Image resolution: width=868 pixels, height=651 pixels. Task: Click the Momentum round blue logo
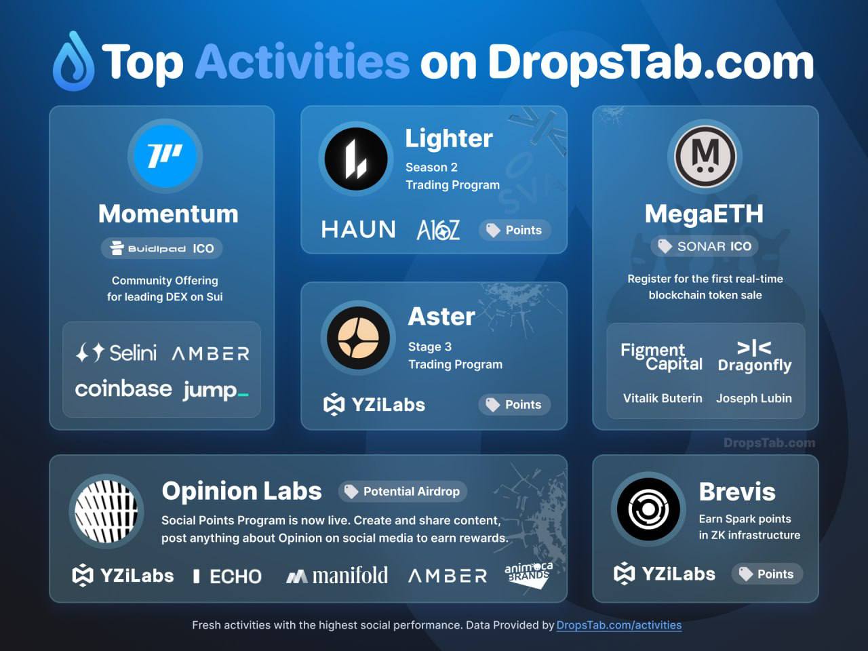tap(165, 157)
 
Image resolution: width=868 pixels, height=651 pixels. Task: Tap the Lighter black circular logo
tap(356, 159)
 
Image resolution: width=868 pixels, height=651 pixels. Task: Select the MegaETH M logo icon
tap(705, 157)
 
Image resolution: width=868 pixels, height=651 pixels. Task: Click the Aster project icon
tap(358, 338)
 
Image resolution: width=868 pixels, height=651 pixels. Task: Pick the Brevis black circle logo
tap(648, 509)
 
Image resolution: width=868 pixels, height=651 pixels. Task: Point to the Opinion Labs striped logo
tap(106, 511)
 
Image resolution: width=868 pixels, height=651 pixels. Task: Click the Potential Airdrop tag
tap(403, 492)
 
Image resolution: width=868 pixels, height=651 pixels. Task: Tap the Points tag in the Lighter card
tap(515, 230)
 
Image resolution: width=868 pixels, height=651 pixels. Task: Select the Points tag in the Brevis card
tap(767, 574)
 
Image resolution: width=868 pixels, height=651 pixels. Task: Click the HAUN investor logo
tap(358, 229)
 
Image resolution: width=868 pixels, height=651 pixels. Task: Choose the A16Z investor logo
tap(438, 230)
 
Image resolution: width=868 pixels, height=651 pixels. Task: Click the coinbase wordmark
tap(123, 389)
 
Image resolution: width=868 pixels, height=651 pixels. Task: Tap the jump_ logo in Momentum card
tap(216, 391)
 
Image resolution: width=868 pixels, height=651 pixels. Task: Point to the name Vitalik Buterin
tap(663, 398)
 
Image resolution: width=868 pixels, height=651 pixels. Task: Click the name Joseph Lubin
tap(754, 399)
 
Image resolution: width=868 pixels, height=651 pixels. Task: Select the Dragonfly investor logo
tap(755, 357)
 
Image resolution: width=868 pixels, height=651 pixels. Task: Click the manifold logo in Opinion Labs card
tap(337, 576)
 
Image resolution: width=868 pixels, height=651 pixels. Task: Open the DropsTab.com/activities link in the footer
tap(619, 625)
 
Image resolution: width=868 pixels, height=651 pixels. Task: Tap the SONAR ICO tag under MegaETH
tap(705, 246)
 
